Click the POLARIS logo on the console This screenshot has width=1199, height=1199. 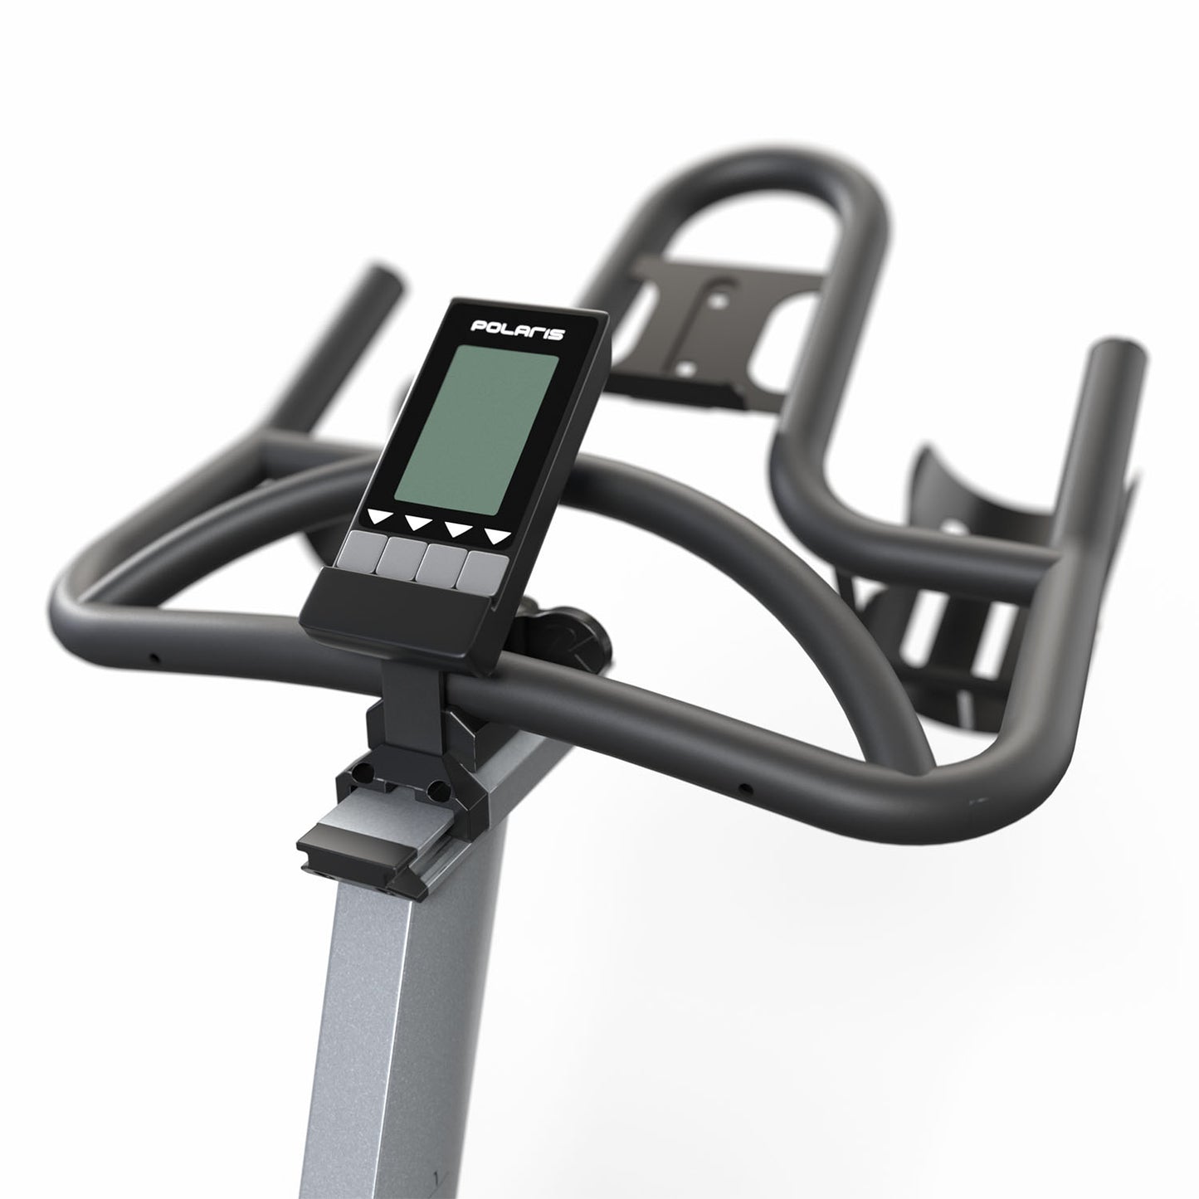pyautogui.click(x=517, y=329)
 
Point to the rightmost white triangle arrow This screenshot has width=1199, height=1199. pyautogui.click(x=497, y=536)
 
